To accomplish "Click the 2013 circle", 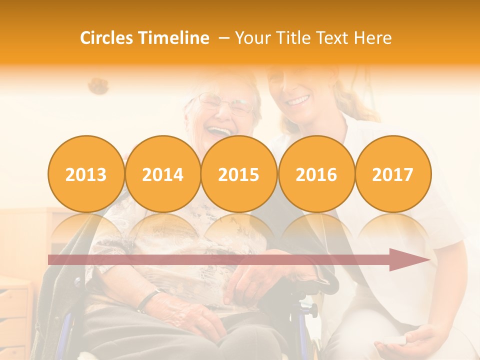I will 86,174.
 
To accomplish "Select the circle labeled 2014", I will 163,174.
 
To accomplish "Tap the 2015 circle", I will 239,174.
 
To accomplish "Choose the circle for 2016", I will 316,174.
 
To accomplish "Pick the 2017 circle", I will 393,174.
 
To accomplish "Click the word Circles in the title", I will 107,38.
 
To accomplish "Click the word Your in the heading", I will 253,38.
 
